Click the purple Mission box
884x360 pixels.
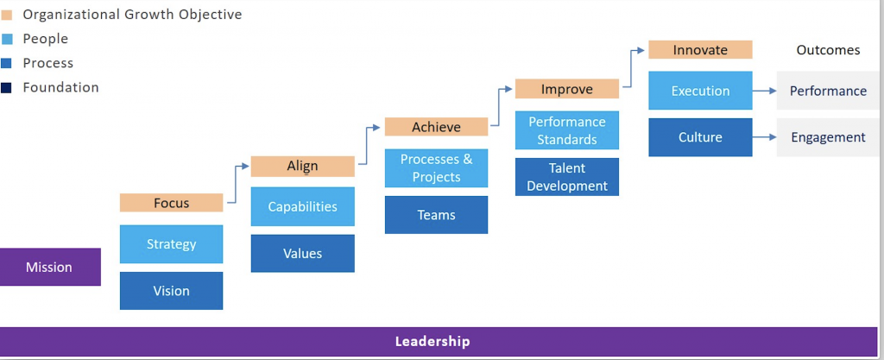click(x=49, y=267)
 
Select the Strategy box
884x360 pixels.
click(x=172, y=244)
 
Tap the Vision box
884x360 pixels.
click(x=172, y=291)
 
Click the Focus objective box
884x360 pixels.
click(x=172, y=203)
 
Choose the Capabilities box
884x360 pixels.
click(x=303, y=206)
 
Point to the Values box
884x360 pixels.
click(x=303, y=254)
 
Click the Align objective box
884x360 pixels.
click(x=303, y=167)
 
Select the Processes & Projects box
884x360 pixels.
click(x=436, y=167)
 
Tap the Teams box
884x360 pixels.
click(x=436, y=215)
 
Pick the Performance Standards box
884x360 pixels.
click(x=567, y=130)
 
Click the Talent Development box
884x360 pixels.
click(x=567, y=177)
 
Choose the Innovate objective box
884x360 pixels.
click(x=700, y=49)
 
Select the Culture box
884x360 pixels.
click(x=700, y=137)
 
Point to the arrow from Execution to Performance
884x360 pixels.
click(x=765, y=91)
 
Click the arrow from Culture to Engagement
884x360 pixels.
click(x=765, y=137)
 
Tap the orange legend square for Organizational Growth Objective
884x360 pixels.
click(x=7, y=16)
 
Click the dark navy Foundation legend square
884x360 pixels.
click(x=7, y=88)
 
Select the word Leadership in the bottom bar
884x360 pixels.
click(x=433, y=341)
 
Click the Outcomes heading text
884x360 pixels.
click(x=828, y=50)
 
